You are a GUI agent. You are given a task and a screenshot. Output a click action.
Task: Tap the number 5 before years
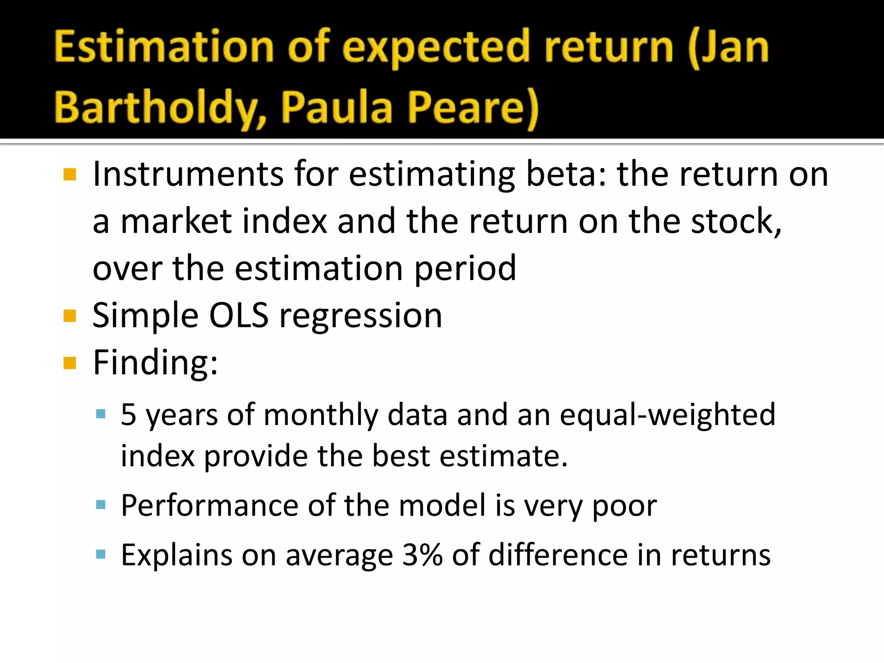point(129,415)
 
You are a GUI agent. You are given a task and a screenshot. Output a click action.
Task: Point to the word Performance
point(209,505)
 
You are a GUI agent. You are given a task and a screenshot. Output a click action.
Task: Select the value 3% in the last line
point(422,555)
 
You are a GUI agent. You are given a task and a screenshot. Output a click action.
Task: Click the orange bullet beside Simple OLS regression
point(69,316)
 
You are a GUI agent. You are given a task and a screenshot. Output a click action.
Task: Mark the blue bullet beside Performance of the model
point(101,505)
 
